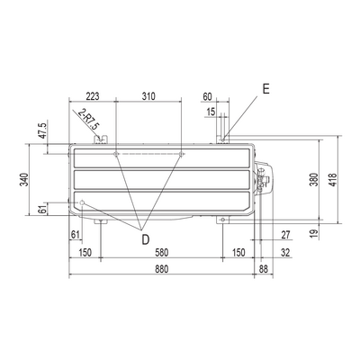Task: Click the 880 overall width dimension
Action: click(162, 269)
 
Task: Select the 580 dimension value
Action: click(162, 253)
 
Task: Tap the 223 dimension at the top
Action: click(93, 96)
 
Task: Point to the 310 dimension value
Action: click(148, 96)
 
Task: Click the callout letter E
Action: click(265, 89)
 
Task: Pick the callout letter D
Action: click(145, 239)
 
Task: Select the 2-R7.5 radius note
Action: click(87, 120)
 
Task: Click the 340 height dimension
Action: click(24, 180)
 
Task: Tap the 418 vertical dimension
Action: click(333, 180)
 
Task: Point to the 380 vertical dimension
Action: click(314, 180)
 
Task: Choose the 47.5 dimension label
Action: click(43, 130)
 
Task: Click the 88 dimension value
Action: click(263, 269)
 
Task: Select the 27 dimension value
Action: click(286, 235)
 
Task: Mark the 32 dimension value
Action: click(286, 253)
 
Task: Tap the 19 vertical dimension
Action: click(314, 233)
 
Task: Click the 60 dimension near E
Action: click(207, 96)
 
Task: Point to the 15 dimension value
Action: click(211, 112)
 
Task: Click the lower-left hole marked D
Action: click(83, 202)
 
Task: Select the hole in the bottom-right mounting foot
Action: click(222, 220)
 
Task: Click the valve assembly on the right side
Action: click(263, 179)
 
